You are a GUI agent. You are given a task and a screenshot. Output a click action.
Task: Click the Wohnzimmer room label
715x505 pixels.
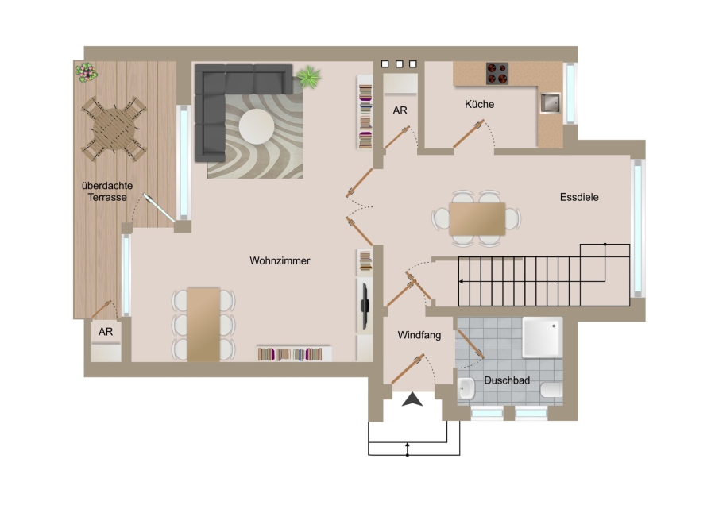point(280,260)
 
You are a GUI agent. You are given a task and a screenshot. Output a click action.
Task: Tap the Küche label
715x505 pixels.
point(479,104)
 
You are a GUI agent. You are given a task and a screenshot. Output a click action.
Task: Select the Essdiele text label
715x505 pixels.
point(579,197)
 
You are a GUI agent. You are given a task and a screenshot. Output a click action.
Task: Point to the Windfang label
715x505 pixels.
point(419,335)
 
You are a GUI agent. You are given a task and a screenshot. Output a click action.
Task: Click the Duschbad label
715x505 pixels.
point(507,380)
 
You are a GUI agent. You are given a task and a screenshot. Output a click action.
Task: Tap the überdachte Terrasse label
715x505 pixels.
point(107,191)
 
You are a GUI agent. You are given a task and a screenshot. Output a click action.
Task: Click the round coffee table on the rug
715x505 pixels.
point(257,126)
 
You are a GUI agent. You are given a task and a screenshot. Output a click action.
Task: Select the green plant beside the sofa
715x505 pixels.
point(309,76)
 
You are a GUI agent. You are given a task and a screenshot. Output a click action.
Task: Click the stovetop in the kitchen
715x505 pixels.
point(497,73)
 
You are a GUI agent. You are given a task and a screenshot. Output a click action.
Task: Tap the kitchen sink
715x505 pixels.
point(551,103)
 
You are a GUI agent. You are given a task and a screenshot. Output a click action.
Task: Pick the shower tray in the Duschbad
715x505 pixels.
point(542,337)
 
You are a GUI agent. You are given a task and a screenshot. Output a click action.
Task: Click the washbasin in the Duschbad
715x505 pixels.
point(466,389)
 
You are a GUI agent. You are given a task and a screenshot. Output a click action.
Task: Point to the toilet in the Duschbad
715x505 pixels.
point(551,391)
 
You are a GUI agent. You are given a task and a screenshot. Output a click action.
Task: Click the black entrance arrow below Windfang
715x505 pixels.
point(412,399)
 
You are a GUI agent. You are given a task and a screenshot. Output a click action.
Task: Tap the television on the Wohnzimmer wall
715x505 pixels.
point(365,306)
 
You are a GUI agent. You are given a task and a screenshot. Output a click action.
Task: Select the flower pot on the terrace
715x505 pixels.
point(86,72)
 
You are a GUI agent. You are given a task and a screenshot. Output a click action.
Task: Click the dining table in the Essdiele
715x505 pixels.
point(477,219)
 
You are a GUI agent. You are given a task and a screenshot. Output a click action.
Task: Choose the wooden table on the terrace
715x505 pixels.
point(114,129)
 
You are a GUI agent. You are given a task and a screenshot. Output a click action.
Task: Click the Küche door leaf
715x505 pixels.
point(468,134)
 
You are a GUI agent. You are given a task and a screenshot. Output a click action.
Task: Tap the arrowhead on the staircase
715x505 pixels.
point(461,282)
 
